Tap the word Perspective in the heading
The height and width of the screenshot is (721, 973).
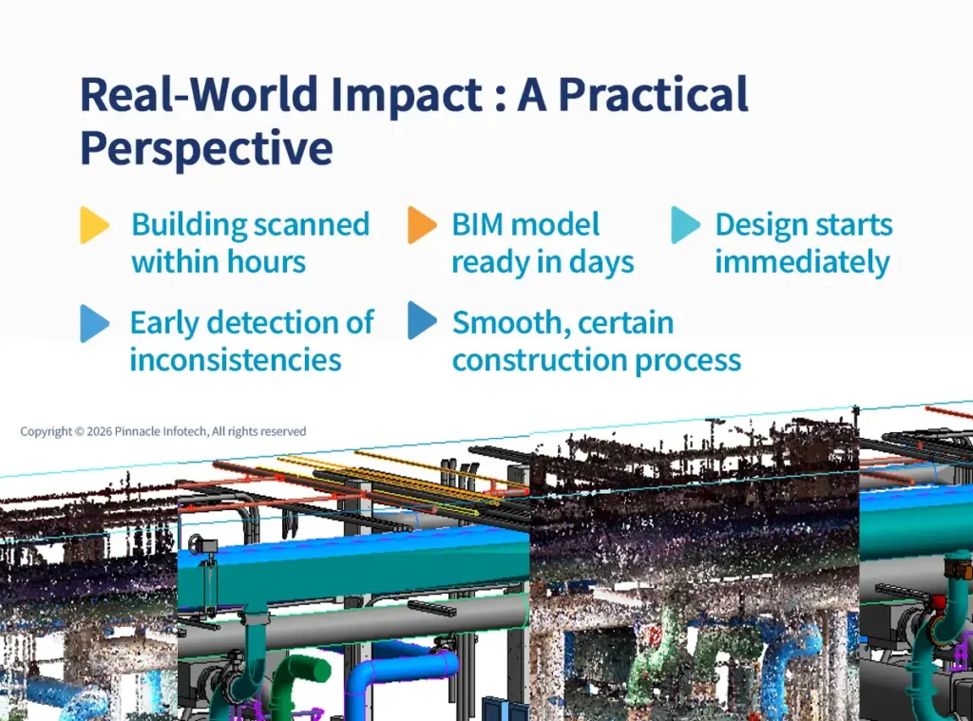coord(206,148)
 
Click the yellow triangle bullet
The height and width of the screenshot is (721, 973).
coord(94,225)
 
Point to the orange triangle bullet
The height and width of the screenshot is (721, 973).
coord(422,225)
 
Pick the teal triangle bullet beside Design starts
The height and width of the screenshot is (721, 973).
coord(685,225)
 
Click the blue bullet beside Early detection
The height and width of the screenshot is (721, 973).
coord(94,323)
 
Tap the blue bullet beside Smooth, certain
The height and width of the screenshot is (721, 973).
coord(422,323)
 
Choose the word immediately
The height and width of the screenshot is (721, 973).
coord(802,262)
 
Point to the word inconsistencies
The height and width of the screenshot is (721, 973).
coord(235,360)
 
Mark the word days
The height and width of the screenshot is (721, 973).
coord(601,262)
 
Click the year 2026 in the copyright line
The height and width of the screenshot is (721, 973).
coord(98,431)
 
